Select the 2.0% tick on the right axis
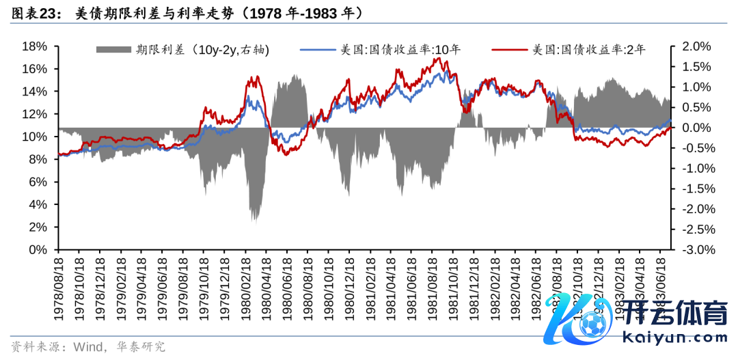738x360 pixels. point(696,46)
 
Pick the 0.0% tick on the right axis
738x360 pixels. point(696,128)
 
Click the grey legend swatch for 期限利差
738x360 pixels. point(113,49)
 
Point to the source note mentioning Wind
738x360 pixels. point(89,346)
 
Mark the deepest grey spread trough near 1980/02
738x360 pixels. point(255,220)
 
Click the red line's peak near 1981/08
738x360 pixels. point(441,59)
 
